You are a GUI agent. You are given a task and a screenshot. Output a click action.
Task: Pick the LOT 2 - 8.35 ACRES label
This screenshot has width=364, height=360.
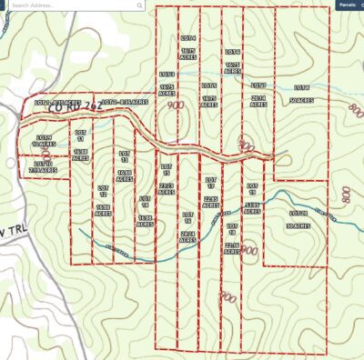[x=120, y=102]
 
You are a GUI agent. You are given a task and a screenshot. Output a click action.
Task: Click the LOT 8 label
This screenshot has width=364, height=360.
[x=301, y=86]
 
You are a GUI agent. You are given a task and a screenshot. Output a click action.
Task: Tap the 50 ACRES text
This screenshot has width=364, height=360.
[x=301, y=101]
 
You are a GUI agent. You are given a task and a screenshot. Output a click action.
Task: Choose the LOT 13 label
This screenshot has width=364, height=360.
[x=125, y=155]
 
